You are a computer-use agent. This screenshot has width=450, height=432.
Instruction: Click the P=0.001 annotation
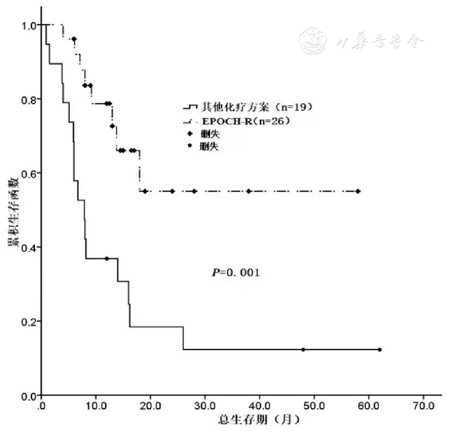[236, 273]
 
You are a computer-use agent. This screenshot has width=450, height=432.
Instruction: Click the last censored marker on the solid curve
[380, 349]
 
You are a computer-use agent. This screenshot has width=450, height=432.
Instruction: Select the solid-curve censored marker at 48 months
[303, 349]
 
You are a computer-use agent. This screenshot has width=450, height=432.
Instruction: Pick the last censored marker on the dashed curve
[358, 191]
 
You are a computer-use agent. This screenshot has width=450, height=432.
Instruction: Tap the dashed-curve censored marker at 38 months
[249, 191]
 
